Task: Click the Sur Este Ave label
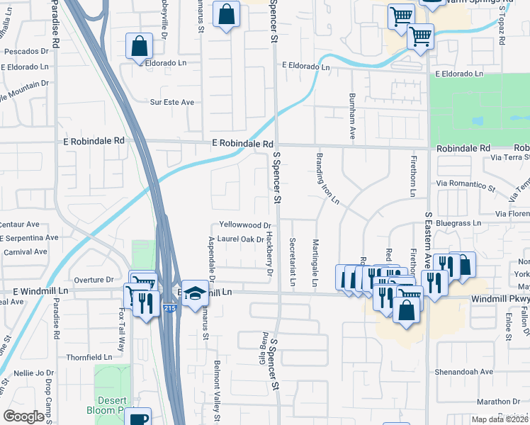(x=171, y=102)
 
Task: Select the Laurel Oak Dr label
(x=240, y=239)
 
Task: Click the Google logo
(x=23, y=416)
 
